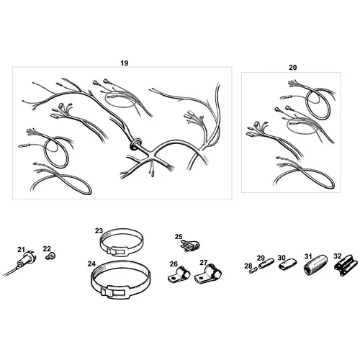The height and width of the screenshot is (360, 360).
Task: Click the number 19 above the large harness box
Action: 125,63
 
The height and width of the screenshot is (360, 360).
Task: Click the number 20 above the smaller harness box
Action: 292,68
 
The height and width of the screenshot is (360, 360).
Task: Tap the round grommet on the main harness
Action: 136,144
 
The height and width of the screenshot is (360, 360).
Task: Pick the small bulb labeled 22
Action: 50,256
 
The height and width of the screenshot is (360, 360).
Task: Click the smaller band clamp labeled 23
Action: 122,241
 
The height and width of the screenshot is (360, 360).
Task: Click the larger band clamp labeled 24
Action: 121,280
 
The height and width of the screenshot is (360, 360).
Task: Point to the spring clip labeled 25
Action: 190,246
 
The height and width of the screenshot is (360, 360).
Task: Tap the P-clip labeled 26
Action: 179,275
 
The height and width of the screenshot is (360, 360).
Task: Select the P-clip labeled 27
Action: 208,274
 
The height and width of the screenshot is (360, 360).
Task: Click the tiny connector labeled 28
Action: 253,271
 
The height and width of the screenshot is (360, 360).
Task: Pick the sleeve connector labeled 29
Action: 266,264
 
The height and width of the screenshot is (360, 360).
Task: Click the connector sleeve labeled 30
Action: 287,265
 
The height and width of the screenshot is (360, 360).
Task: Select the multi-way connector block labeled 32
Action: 343,265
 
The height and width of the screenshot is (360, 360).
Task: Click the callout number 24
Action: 91,264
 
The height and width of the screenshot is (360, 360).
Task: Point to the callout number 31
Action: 308,256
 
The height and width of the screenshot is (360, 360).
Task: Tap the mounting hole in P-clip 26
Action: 172,279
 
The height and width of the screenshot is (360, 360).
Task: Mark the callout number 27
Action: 204,263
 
